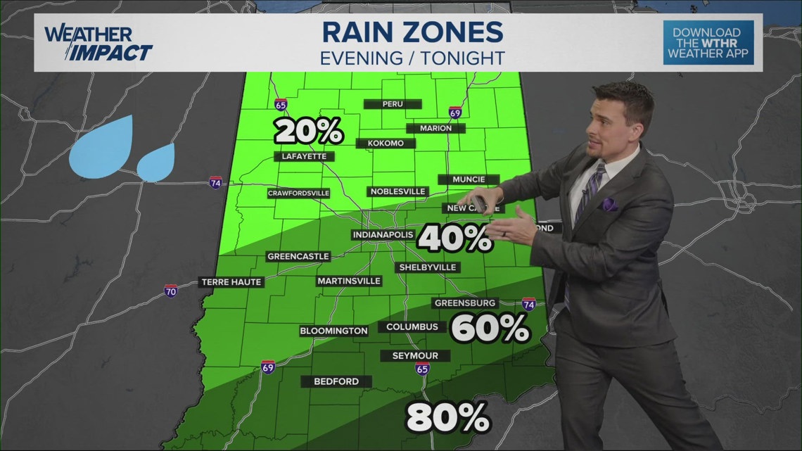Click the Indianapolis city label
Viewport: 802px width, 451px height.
(x=383, y=235)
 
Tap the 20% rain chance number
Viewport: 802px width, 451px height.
(x=309, y=131)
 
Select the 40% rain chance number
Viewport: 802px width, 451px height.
(x=454, y=239)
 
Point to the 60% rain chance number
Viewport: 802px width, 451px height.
(x=490, y=328)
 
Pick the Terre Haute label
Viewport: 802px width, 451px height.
(x=231, y=282)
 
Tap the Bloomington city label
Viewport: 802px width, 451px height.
(x=333, y=331)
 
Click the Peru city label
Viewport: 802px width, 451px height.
(x=393, y=104)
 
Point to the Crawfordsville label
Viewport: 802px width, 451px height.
(x=299, y=193)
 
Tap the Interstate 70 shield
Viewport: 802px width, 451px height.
(x=171, y=291)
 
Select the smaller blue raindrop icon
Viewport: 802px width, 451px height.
(x=155, y=163)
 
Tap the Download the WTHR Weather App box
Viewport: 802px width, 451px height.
(x=708, y=43)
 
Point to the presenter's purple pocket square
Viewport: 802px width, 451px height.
(x=609, y=204)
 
